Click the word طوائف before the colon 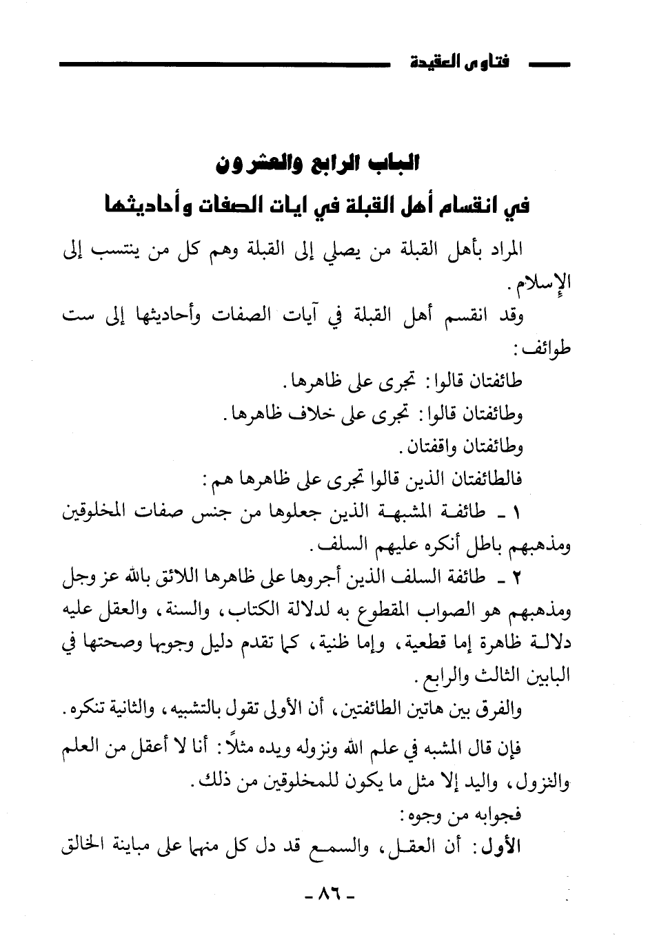coord(554,350)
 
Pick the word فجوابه coord(499,815)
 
